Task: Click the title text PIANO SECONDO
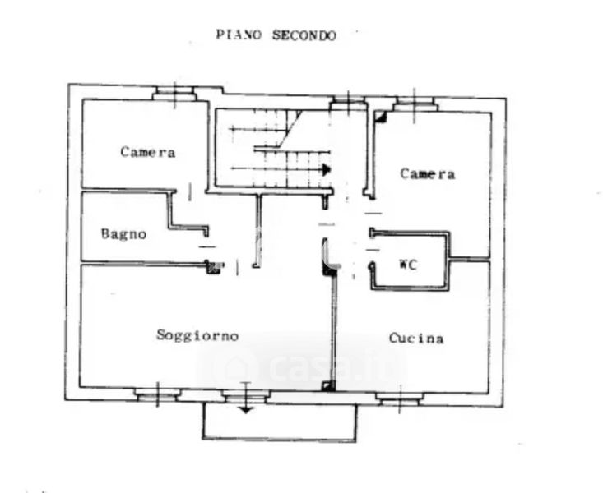click(276, 35)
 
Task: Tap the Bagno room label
click(124, 233)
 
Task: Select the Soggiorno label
click(197, 335)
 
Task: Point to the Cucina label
click(416, 338)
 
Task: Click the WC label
click(408, 265)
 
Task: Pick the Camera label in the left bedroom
click(148, 152)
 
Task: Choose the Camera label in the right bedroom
click(428, 173)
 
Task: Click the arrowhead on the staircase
click(327, 169)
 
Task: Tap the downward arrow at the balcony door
click(245, 407)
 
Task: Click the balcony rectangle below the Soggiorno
click(280, 422)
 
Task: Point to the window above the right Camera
click(415, 103)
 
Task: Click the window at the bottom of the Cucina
click(399, 399)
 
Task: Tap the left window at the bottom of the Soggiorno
click(158, 394)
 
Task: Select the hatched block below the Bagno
click(214, 266)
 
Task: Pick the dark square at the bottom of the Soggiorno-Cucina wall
click(328, 385)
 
